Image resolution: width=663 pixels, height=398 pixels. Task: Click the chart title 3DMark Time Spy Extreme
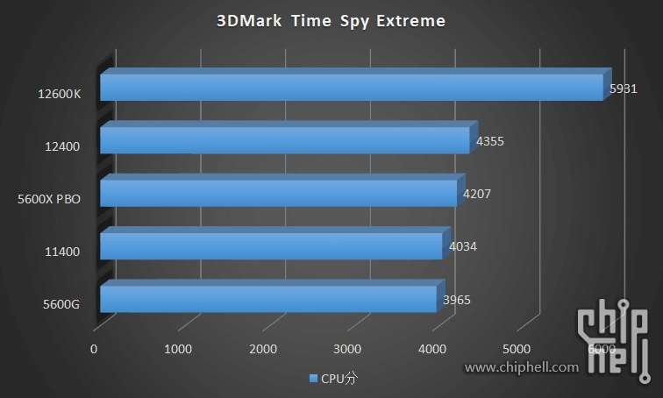coord(331,20)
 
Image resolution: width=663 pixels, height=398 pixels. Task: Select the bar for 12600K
coord(351,87)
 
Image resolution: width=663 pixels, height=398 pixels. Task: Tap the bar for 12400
coord(284,140)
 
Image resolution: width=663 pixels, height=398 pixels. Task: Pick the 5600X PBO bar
coord(278,193)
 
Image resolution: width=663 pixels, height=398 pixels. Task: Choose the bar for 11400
coord(271,245)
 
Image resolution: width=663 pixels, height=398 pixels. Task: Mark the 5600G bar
coord(267,299)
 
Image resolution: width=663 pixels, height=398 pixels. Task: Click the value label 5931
coord(624,89)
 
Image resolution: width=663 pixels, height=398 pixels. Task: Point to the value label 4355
coord(489,140)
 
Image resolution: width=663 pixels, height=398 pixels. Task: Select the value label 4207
coord(477,193)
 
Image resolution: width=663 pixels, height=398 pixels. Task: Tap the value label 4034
coord(462,246)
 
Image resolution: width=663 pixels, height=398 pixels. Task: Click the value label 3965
coord(457,299)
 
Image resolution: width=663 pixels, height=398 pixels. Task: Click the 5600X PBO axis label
coord(49,199)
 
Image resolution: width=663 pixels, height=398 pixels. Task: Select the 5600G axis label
coord(61,305)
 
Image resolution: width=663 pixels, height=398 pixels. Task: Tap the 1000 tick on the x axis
coord(178,349)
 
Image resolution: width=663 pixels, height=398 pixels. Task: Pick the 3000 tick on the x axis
coord(348,349)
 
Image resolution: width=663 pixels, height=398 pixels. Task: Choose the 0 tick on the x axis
coord(94,349)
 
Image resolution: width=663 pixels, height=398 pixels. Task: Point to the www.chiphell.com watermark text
coord(521,367)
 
